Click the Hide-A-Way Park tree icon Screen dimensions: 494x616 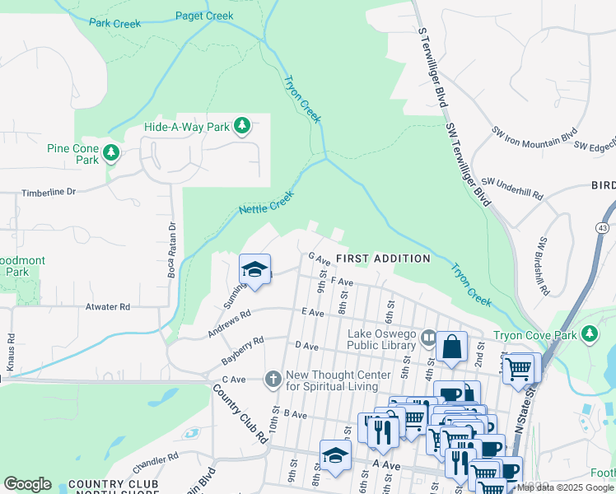[x=241, y=127]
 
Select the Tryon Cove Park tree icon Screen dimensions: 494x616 [x=589, y=334]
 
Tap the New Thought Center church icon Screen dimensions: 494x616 [x=273, y=379]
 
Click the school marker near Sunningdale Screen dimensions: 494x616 [x=254, y=270]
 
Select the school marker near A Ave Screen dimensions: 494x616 [x=335, y=455]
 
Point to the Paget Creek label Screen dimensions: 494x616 [x=205, y=15]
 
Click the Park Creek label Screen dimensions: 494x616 [x=114, y=24]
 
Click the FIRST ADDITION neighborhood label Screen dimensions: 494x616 [x=382, y=259]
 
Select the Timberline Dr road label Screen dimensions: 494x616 [x=48, y=191]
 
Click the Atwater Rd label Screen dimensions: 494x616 [x=107, y=307]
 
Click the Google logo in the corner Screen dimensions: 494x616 [x=27, y=484]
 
